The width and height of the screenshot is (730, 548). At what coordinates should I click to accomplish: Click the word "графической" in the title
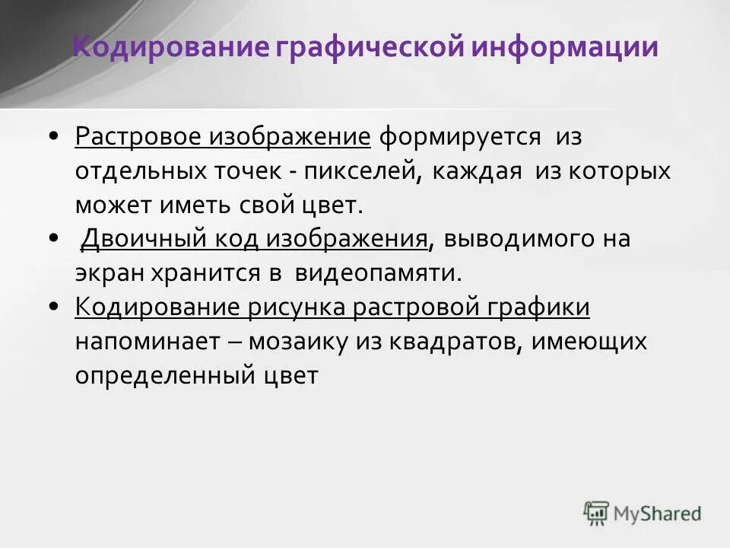coord(367,46)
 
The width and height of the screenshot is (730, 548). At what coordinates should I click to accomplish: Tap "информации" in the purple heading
coord(564,46)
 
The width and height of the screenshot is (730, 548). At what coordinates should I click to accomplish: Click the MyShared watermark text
coord(658,514)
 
